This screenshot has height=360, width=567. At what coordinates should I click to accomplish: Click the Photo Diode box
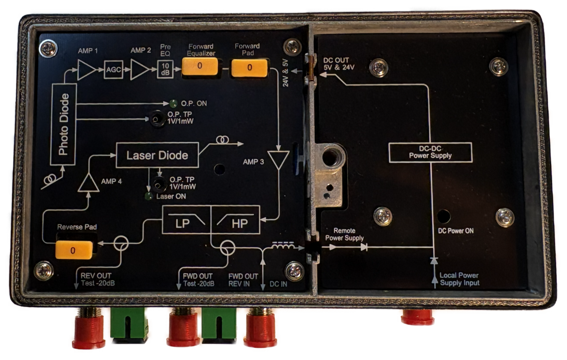64,124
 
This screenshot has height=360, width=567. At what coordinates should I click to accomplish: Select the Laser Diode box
157,155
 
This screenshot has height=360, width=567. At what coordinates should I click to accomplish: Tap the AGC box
113,70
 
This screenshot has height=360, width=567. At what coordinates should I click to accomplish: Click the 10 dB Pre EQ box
165,70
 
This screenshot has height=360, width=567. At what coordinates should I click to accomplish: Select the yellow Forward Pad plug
249,67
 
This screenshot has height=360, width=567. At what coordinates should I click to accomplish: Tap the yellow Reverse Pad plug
73,250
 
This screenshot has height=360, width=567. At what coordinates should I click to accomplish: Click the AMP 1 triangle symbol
86,70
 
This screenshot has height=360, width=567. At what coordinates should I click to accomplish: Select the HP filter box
236,220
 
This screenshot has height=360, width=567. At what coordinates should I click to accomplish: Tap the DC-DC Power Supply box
430,152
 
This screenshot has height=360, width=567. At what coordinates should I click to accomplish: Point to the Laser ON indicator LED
149,196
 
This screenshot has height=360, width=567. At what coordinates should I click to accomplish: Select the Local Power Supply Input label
459,279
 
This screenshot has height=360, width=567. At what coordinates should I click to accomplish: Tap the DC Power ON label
456,231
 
